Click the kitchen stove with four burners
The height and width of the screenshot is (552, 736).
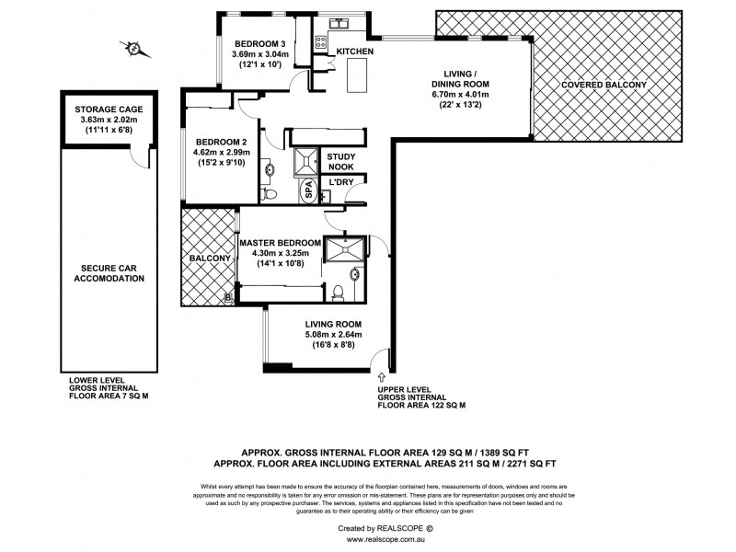(x=321, y=41)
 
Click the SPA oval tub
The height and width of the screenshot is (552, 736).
(x=309, y=190)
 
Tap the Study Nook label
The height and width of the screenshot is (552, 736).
(x=341, y=162)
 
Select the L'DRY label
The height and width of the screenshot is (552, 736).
(x=342, y=184)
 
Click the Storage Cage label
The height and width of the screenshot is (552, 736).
(x=110, y=109)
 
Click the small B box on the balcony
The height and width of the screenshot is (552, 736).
(x=229, y=297)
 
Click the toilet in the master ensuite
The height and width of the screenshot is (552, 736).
(x=339, y=292)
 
